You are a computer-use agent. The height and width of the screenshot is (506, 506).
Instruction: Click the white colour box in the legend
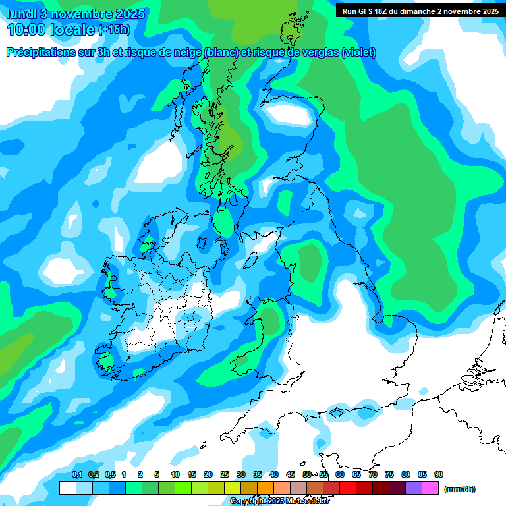(68, 488)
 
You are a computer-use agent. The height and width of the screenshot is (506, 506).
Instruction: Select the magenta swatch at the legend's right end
(430, 488)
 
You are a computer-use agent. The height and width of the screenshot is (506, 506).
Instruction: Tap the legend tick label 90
(439, 474)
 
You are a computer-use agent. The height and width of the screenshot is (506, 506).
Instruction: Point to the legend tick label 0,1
(77, 474)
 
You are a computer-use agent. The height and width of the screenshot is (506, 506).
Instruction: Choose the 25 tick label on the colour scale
(225, 474)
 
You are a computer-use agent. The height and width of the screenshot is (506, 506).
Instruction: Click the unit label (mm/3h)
(460, 489)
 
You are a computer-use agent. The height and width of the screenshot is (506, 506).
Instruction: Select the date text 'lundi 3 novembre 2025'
(76, 14)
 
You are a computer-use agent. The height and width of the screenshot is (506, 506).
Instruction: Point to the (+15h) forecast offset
(113, 30)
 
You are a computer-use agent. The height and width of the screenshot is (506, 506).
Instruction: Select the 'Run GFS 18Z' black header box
(420, 11)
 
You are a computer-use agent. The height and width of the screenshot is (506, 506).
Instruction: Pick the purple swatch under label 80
(414, 488)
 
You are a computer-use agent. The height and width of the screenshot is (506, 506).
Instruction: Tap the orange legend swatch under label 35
(266, 488)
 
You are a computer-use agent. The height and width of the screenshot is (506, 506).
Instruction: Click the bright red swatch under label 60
(348, 488)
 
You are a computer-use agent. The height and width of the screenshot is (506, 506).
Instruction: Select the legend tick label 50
(307, 474)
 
